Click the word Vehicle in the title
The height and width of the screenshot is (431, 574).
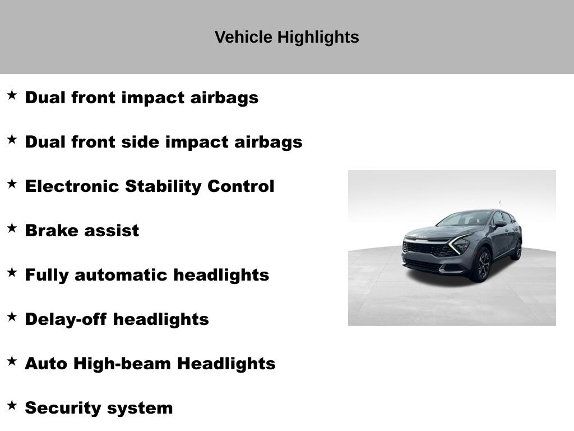(243, 37)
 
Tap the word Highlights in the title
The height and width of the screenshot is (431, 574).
(318, 38)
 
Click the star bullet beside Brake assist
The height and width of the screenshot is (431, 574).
(12, 228)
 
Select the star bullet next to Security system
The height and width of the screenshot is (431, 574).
(12, 405)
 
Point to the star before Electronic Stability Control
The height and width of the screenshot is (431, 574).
(12, 184)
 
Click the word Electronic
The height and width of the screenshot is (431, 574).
(72, 186)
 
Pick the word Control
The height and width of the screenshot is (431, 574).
(241, 186)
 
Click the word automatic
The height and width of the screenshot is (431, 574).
(121, 275)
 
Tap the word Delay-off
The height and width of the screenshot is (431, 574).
(66, 319)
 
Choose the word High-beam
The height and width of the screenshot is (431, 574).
(122, 364)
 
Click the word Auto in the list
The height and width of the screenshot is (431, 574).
(46, 364)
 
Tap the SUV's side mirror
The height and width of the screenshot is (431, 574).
(500, 223)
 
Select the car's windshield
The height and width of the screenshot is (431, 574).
(464, 219)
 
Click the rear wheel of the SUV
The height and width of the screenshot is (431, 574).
(518, 250)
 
